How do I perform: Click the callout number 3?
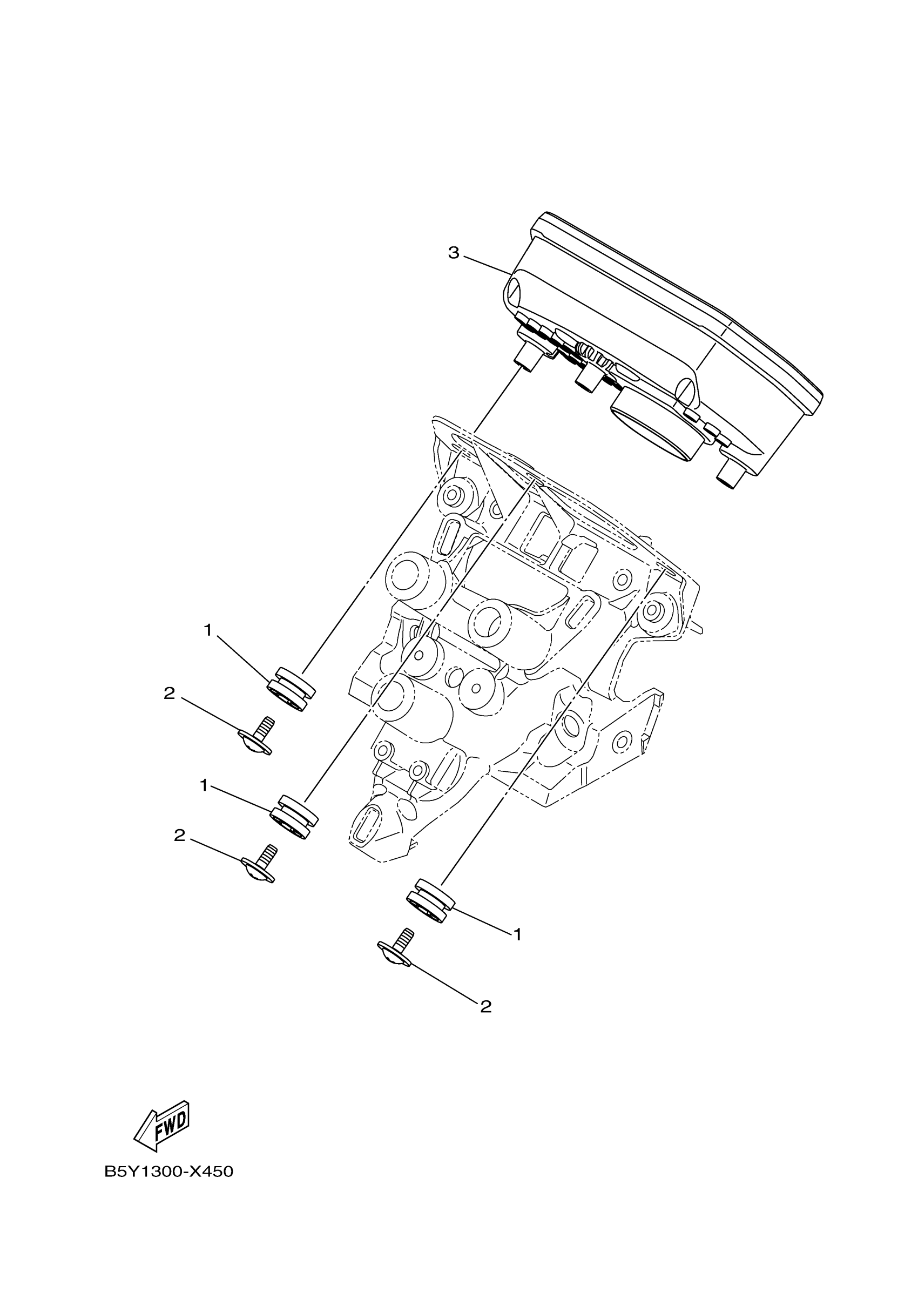pyautogui.click(x=454, y=253)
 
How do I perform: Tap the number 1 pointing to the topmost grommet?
pyautogui.click(x=207, y=630)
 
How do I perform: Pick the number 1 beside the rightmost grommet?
pyautogui.click(x=516, y=934)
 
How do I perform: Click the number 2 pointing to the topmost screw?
pyautogui.click(x=169, y=693)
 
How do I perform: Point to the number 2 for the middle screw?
pyautogui.click(x=179, y=851)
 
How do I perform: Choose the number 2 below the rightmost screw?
pyautogui.click(x=485, y=1006)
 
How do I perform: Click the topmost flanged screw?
pyautogui.click(x=258, y=737)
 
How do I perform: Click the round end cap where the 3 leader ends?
pyautogui.click(x=515, y=293)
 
